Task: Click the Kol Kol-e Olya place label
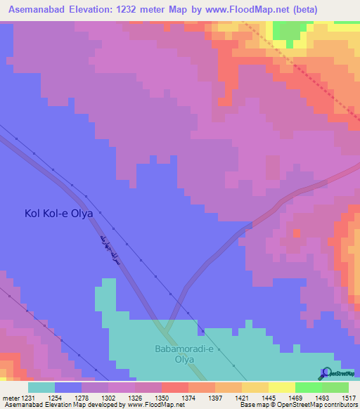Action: [59, 212]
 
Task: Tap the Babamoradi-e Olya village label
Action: [187, 353]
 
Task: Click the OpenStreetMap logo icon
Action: [326, 372]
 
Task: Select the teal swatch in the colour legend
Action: [41, 387]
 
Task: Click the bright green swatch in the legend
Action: [309, 387]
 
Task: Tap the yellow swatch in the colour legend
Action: [282, 387]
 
